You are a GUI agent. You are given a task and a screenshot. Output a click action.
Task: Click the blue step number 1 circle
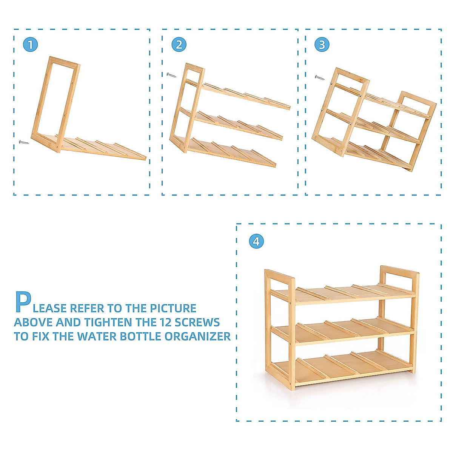click(x=30, y=45)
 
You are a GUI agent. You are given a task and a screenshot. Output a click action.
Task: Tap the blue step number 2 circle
click(x=179, y=45)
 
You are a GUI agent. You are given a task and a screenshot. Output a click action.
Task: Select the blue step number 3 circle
click(x=322, y=45)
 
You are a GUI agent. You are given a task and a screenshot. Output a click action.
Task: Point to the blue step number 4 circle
click(x=256, y=241)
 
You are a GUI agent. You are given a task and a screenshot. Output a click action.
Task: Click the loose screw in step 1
click(x=24, y=142)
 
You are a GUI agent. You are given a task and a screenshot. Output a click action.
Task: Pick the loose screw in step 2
click(x=171, y=75)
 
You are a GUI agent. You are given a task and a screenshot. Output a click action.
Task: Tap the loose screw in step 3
click(x=320, y=78)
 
